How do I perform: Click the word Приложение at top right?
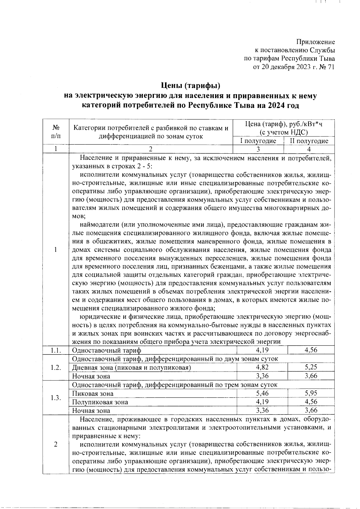coord(316,42)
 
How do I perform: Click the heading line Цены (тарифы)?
coord(191,86)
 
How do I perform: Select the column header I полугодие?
coord(258,141)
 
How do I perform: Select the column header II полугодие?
coord(309,141)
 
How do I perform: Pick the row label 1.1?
coord(56,350)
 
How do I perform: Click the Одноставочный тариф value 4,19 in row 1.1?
coord(262,350)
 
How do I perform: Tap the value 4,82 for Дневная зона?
coord(262,367)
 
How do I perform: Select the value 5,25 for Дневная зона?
coord(311,367)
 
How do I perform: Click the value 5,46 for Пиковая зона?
coord(262,393)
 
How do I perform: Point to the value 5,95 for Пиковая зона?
coord(311,393)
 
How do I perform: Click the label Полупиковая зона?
coord(100,402)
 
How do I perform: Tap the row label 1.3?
coord(56,398)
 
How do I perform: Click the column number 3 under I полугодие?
coord(258,149)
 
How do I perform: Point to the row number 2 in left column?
coord(56,444)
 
